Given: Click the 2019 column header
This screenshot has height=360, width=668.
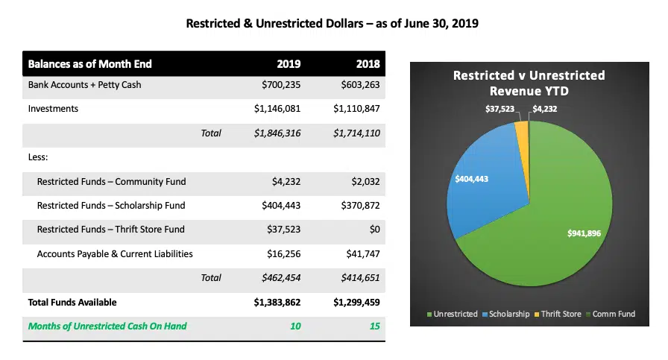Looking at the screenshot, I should click(x=290, y=64).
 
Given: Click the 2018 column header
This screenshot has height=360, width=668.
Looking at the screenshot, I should click(x=368, y=64).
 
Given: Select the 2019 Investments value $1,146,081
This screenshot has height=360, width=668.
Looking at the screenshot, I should click(x=277, y=109).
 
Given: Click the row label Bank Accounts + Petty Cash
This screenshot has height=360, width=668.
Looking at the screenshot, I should click(x=84, y=85).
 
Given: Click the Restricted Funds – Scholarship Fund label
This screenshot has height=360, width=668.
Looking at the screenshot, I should click(x=111, y=206).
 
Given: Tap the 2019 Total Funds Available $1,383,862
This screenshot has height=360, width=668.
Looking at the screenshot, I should click(x=275, y=303).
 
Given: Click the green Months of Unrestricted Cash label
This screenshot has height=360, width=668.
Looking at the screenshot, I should click(x=107, y=326).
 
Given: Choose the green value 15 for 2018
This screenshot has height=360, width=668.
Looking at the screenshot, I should click(x=374, y=326).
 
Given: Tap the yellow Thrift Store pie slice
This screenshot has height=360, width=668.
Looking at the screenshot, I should click(x=521, y=130).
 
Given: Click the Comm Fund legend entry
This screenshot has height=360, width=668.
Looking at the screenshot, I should click(x=613, y=314).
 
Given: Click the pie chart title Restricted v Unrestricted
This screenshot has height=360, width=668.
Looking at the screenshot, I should click(x=529, y=75).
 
